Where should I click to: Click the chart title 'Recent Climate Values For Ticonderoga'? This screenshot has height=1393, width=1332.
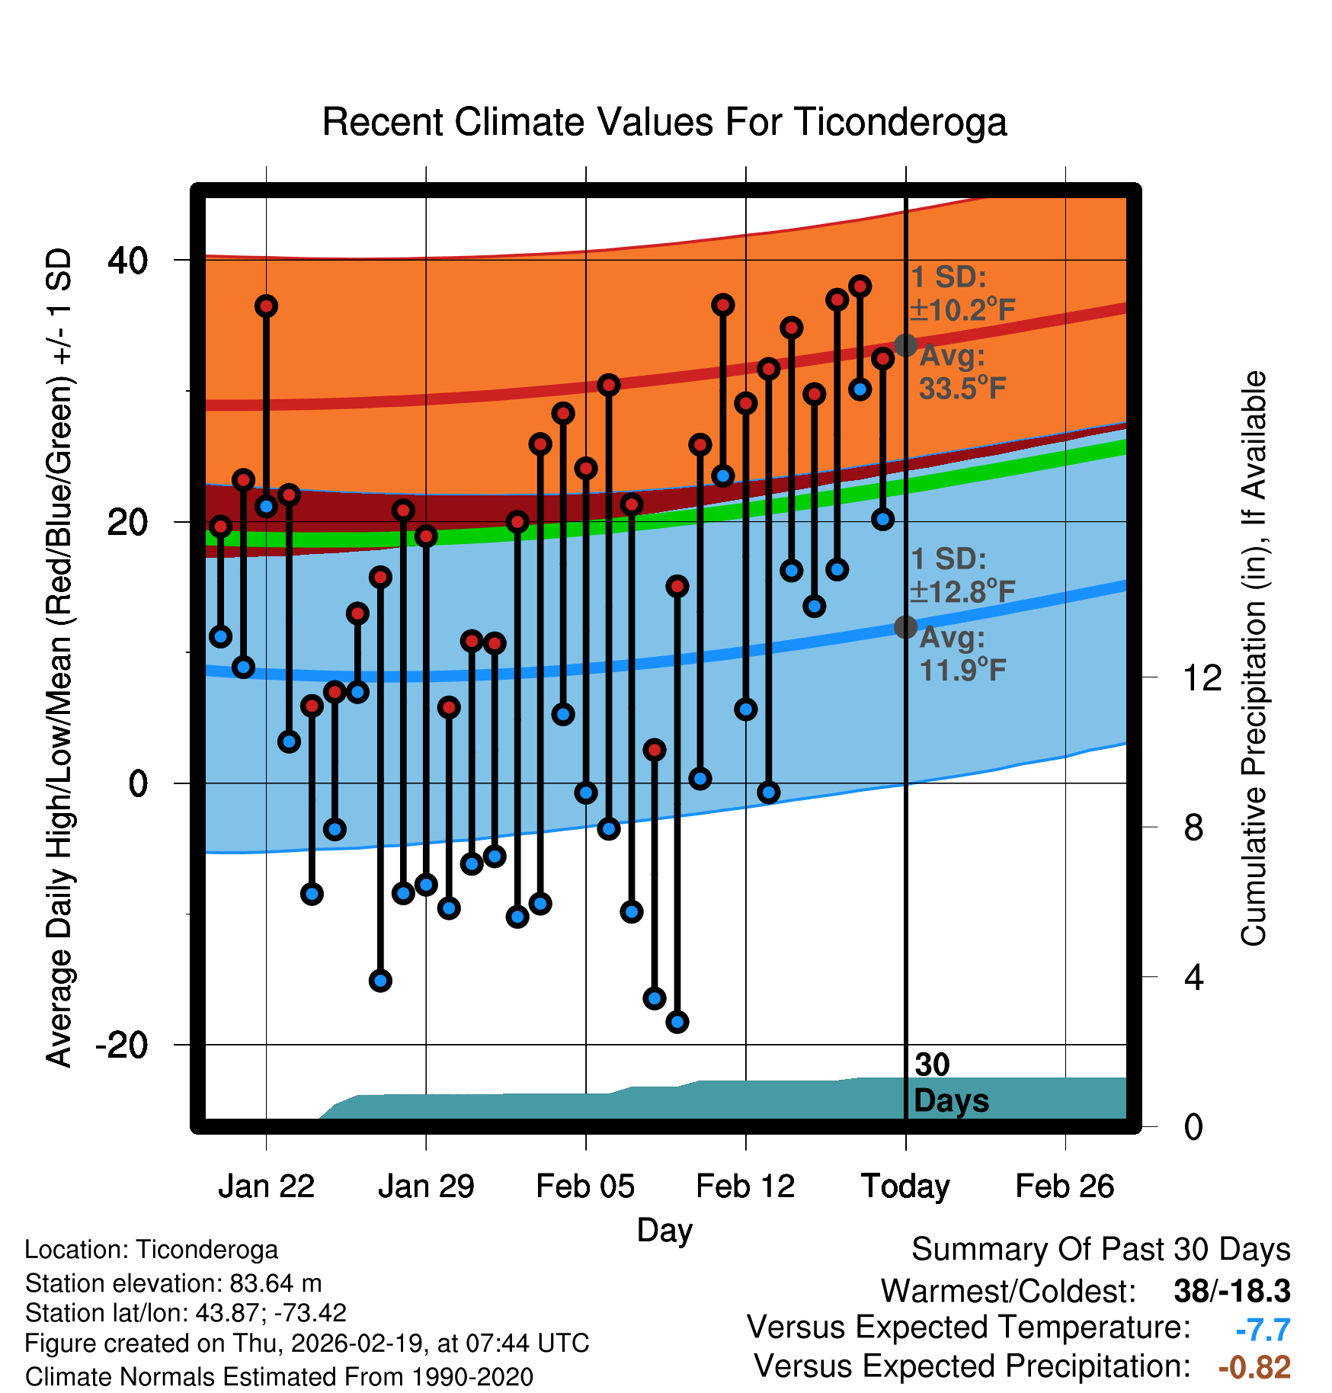click(664, 123)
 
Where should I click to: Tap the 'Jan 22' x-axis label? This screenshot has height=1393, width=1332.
click(266, 1186)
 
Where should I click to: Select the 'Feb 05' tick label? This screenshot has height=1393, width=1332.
click(585, 1186)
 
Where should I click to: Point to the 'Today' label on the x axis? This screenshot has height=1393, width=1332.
click(905, 1186)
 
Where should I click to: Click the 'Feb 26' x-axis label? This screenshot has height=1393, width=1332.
click(1065, 1186)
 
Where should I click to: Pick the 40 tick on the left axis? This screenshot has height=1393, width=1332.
click(127, 261)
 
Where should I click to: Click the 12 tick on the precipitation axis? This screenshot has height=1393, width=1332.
click(1202, 677)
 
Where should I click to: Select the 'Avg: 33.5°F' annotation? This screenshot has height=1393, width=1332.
click(962, 373)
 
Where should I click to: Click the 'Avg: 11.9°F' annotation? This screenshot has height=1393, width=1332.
click(962, 655)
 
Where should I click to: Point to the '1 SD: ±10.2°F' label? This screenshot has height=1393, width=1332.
click(962, 294)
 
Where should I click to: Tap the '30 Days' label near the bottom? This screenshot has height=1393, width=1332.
click(950, 1083)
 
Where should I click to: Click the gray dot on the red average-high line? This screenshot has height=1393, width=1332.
click(905, 345)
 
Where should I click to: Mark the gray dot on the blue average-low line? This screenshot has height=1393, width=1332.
click(905, 627)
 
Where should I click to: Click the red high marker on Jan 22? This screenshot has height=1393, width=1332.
click(266, 306)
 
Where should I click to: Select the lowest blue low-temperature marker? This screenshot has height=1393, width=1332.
click(677, 1022)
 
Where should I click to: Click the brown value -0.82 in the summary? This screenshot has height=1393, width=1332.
click(1254, 1367)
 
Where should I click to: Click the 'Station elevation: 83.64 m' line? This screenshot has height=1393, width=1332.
click(174, 1283)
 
